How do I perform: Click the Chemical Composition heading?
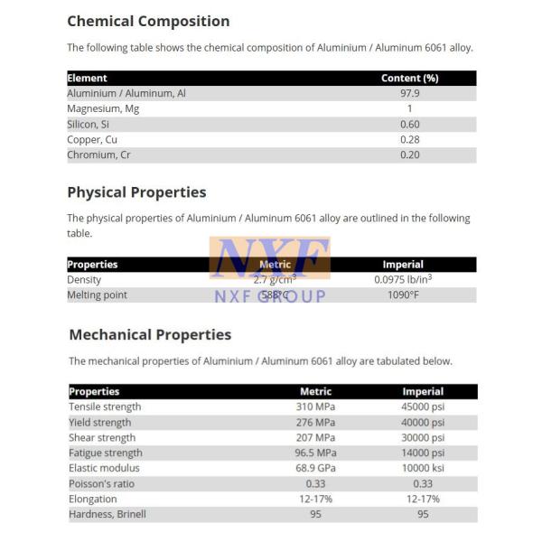click(148, 21)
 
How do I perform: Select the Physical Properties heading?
click(136, 192)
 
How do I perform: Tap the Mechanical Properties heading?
click(150, 334)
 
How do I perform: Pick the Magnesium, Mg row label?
click(103, 108)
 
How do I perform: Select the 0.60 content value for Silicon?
click(409, 125)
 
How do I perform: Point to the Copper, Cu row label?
click(92, 140)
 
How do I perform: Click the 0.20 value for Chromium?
click(409, 155)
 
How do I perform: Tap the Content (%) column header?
click(409, 78)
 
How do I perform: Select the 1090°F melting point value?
click(403, 295)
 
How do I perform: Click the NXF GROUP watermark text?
click(269, 296)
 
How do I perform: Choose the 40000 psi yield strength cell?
click(423, 422)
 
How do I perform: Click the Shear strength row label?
click(102, 437)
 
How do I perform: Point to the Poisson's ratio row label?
click(100, 483)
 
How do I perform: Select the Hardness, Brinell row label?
click(107, 514)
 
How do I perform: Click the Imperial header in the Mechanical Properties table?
click(423, 391)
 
